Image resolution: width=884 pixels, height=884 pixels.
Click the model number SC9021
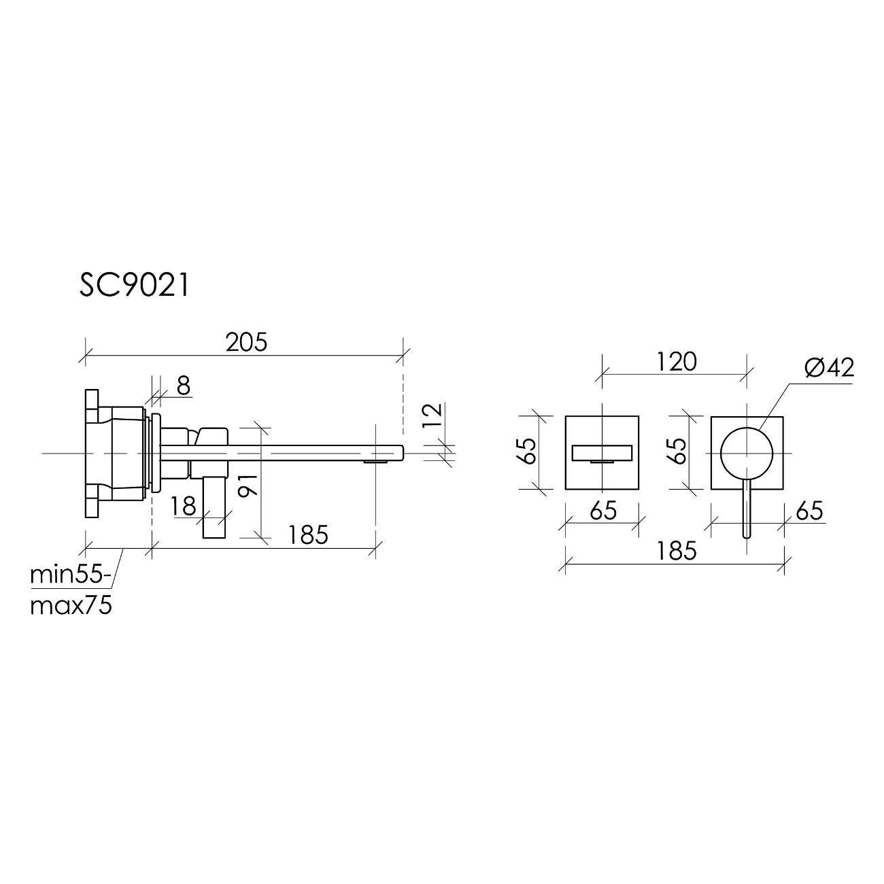(x=134, y=286)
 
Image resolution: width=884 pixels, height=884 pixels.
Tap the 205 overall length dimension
(x=246, y=342)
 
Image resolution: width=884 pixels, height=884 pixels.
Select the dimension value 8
(x=183, y=386)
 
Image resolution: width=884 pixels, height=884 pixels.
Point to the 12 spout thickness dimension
(x=432, y=415)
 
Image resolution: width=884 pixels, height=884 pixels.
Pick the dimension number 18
(x=184, y=506)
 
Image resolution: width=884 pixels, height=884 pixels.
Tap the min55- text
(x=70, y=575)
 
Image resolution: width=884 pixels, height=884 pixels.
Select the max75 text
(x=71, y=605)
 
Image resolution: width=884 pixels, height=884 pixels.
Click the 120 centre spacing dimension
(x=677, y=361)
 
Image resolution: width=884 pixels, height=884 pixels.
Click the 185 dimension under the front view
(x=677, y=550)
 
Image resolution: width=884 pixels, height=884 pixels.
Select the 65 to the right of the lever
(x=809, y=510)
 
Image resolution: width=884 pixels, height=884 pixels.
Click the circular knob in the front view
(x=747, y=452)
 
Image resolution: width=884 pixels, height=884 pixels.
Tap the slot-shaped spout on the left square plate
(x=602, y=453)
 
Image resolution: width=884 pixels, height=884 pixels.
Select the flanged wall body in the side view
(x=116, y=452)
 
